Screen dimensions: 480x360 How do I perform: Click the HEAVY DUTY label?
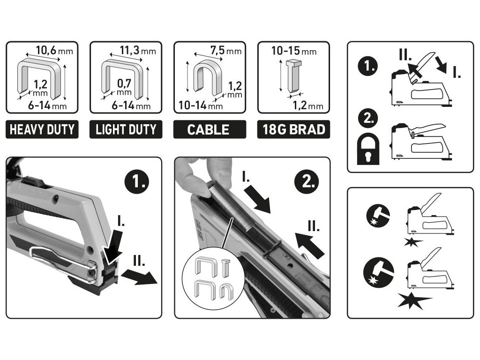[x=42, y=129]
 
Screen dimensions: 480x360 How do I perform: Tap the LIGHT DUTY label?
[x=126, y=129]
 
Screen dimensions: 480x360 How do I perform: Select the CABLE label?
[x=210, y=129]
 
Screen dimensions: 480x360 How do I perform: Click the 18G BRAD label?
[x=293, y=129]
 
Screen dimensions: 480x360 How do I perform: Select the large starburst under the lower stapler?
[x=414, y=300]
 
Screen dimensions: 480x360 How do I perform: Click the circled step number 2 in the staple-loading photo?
[x=307, y=180]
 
